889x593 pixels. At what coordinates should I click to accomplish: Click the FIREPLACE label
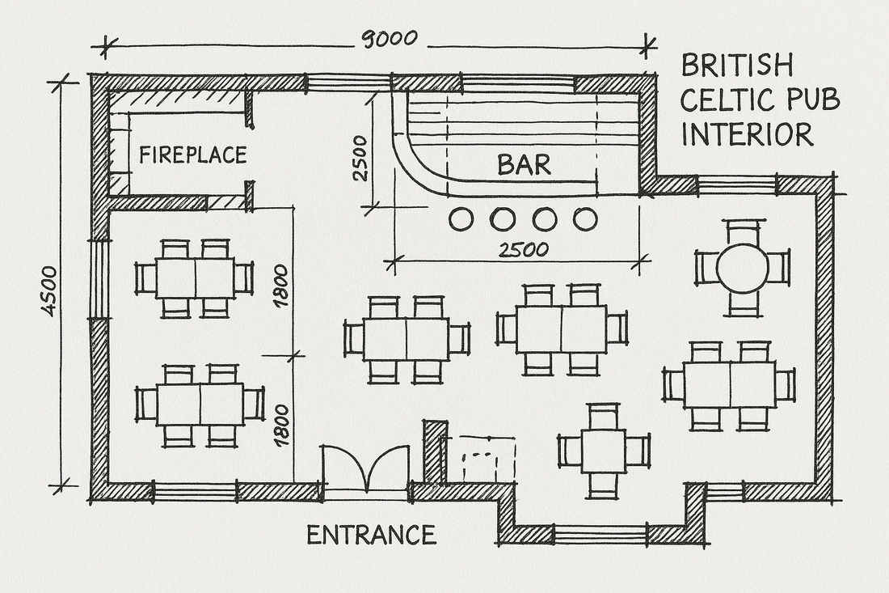click(x=192, y=155)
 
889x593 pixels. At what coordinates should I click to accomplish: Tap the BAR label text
click(x=524, y=165)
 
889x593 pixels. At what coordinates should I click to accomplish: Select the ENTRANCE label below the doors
click(x=371, y=535)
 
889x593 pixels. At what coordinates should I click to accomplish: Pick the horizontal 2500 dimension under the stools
click(x=524, y=249)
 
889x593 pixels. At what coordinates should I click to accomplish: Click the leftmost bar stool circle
click(x=461, y=219)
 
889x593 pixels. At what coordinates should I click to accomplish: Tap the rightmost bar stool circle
click(x=585, y=219)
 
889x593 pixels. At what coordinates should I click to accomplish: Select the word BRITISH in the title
click(x=736, y=66)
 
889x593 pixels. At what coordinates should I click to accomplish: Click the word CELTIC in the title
click(x=719, y=100)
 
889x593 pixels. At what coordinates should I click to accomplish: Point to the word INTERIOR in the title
click(x=747, y=134)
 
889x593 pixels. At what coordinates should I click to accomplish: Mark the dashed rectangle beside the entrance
click(x=488, y=459)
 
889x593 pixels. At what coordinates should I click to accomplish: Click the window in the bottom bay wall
click(x=600, y=534)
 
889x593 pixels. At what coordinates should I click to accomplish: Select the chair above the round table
click(x=743, y=232)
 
